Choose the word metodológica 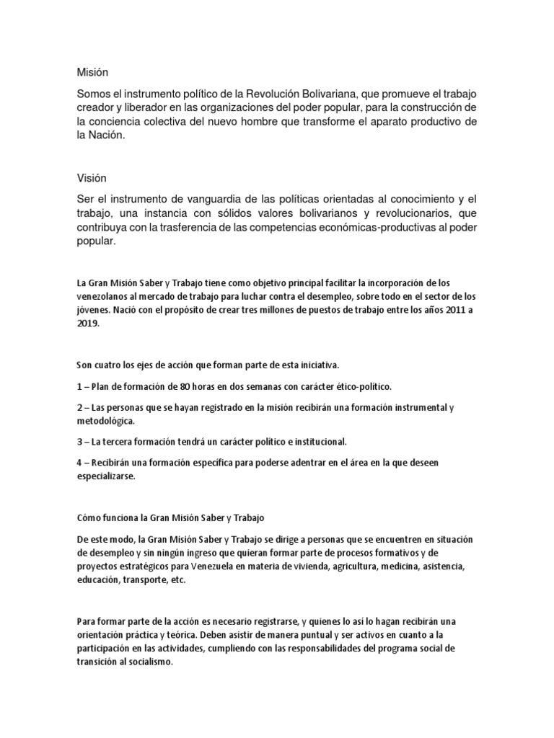coord(105,420)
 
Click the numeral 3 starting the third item coord(78,441)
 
